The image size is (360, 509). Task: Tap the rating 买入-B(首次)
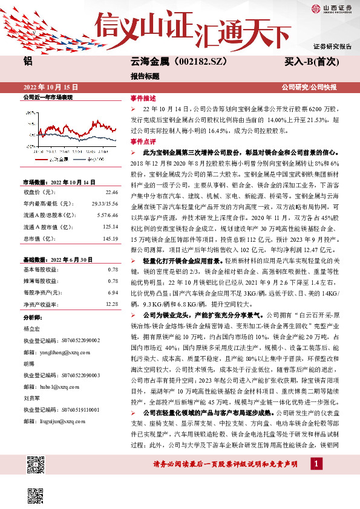tap(311, 61)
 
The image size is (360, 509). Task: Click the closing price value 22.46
tap(111, 192)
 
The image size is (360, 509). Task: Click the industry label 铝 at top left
tap(27, 61)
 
